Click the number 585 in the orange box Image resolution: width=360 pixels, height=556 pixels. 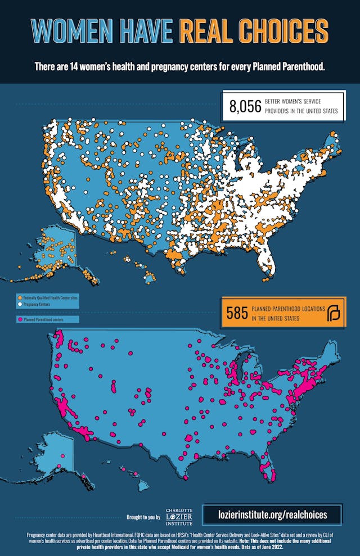point(237,313)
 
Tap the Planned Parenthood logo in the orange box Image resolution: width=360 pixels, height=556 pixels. point(334,313)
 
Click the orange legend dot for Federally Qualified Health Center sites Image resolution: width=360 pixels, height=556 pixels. point(20,297)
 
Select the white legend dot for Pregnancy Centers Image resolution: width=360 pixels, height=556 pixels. point(20,303)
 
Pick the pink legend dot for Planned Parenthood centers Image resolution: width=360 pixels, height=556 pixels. point(20,319)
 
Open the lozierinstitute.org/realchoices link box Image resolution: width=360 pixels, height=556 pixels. point(272,514)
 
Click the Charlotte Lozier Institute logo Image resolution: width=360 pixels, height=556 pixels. point(179,514)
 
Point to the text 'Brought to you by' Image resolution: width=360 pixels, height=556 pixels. point(143,517)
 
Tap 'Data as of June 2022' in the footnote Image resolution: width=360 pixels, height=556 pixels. point(310,546)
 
